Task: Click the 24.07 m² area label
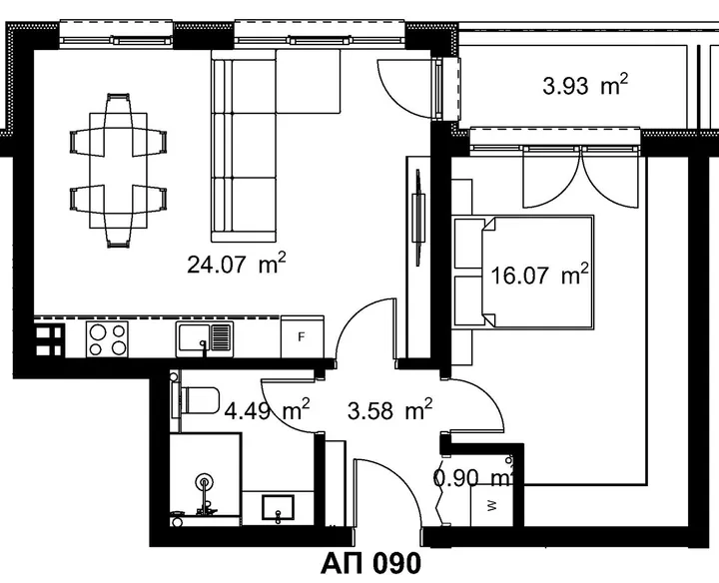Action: [236, 263]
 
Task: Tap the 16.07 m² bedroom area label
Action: [539, 275]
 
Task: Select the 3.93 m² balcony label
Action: [585, 84]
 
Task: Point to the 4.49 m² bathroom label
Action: [267, 409]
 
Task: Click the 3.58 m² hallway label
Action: [389, 409]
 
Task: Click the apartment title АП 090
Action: [370, 563]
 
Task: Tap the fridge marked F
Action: [303, 336]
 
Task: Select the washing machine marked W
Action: [491, 505]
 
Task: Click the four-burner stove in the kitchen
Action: [107, 339]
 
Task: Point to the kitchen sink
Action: [205, 339]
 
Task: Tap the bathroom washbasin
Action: [278, 508]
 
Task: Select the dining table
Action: [118, 171]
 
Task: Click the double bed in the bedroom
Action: [522, 273]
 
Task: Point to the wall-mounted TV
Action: [418, 218]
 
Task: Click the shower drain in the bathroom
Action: [204, 482]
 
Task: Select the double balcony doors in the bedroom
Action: [581, 179]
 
